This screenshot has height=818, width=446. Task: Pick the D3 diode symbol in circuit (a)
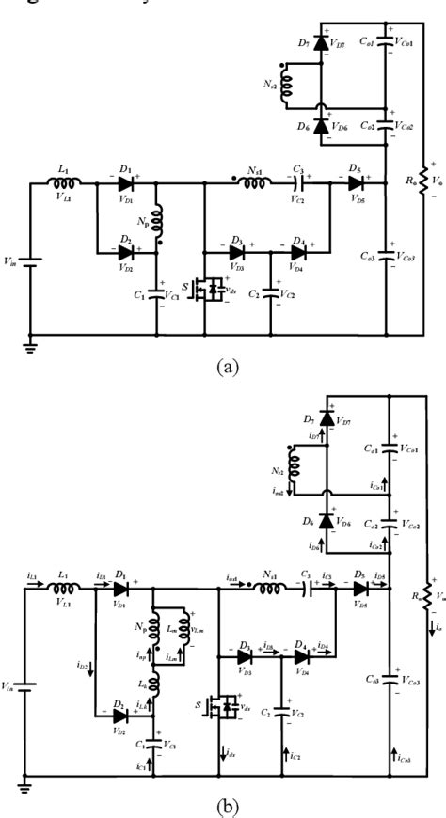(236, 251)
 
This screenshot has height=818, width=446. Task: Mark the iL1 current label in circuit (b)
(30, 574)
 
